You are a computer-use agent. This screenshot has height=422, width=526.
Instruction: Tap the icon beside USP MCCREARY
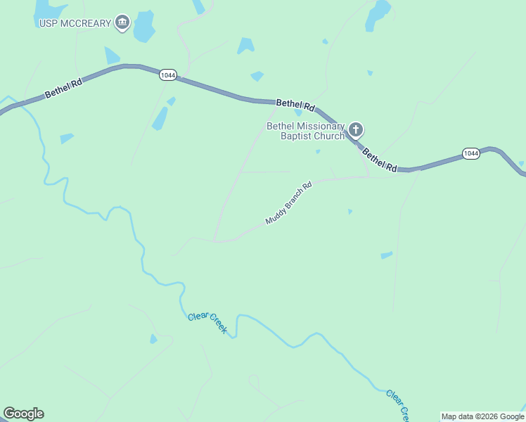click(123, 23)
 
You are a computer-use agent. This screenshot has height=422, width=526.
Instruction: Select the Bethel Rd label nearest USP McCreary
click(63, 87)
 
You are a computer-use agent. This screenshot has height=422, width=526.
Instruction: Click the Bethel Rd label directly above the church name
click(294, 104)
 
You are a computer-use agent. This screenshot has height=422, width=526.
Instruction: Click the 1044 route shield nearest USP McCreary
click(167, 75)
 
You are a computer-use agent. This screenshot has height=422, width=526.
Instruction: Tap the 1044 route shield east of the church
click(471, 153)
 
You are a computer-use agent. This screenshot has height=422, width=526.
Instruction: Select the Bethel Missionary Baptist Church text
click(305, 131)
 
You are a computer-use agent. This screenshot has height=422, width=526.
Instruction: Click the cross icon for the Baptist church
click(356, 129)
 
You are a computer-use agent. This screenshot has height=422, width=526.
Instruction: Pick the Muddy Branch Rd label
click(288, 204)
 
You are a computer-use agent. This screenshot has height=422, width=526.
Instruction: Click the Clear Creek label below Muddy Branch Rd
click(207, 323)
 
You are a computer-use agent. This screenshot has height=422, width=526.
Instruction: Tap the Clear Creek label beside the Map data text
click(396, 404)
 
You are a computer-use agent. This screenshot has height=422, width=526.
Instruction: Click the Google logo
click(23, 414)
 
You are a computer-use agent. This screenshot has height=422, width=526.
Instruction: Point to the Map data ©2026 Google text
click(482, 416)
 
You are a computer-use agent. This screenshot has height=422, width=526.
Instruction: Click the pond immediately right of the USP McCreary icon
click(144, 26)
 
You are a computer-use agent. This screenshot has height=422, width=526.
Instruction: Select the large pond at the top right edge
click(378, 14)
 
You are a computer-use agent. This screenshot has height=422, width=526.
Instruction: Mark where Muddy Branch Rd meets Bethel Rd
click(369, 174)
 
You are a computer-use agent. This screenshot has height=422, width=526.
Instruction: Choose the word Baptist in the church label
click(295, 136)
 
